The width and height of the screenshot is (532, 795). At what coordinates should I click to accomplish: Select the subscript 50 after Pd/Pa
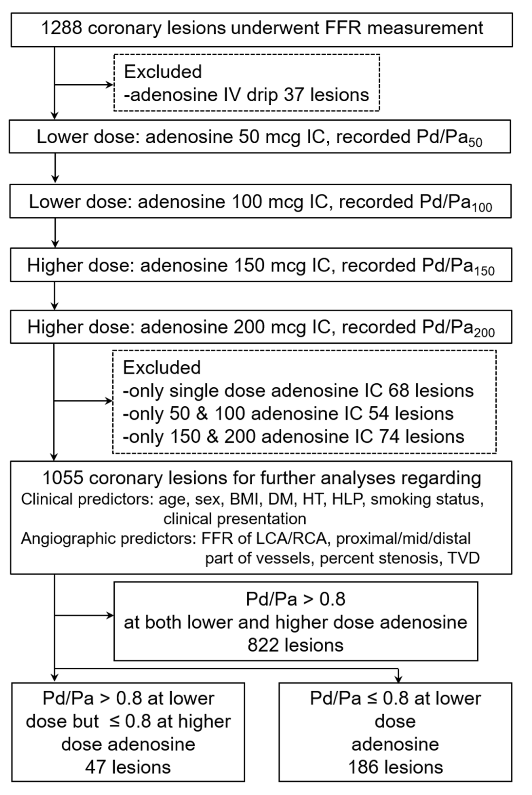pos(475,143)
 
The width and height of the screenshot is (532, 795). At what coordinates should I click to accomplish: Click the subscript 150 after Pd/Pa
pos(484,271)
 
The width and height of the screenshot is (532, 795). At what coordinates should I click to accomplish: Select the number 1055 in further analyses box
pos(63,478)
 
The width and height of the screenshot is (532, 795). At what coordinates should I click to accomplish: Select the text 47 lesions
pos(128,767)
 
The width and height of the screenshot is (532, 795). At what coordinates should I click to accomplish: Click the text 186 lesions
pos(396,767)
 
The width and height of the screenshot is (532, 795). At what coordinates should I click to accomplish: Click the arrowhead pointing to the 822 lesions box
pos(110,615)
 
